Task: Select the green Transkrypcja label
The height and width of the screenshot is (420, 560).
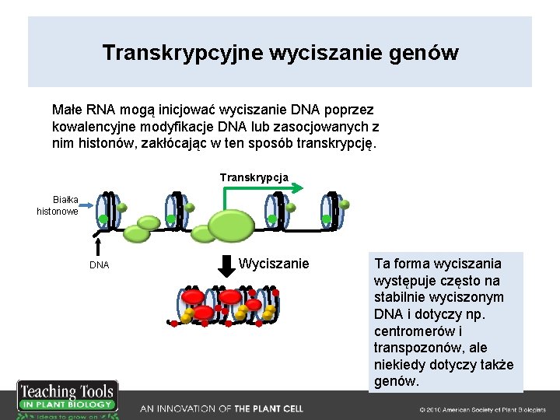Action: tap(254, 177)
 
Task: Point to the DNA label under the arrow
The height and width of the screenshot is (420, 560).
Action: tap(99, 265)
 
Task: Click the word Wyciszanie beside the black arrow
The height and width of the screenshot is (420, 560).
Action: tap(274, 264)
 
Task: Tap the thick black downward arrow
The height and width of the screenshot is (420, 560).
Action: tap(226, 265)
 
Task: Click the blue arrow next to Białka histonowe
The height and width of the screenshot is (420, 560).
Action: tap(88, 205)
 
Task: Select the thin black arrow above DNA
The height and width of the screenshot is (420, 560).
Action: tap(99, 246)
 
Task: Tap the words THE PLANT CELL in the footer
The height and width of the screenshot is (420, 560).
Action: tap(268, 408)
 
